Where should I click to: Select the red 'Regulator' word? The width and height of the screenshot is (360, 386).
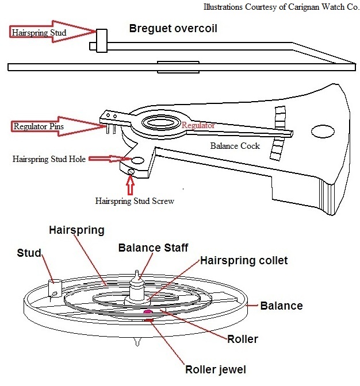coord(198,125)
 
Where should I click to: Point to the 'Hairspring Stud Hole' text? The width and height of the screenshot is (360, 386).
coord(49,159)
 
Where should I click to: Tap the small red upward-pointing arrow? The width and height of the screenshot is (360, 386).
coord(129,185)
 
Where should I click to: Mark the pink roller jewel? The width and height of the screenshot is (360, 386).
coord(148,312)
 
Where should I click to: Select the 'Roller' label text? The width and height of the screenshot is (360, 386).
coord(242,339)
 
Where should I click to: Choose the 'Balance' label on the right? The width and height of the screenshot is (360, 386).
coord(282,306)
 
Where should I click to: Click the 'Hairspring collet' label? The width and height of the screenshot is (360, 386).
coord(244,260)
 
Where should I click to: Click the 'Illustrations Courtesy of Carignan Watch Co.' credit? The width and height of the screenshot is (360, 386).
coord(280,7)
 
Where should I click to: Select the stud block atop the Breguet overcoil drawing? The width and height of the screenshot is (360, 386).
coord(102,39)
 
